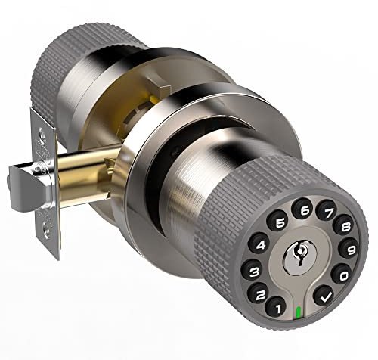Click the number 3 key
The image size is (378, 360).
coord(255,272)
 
